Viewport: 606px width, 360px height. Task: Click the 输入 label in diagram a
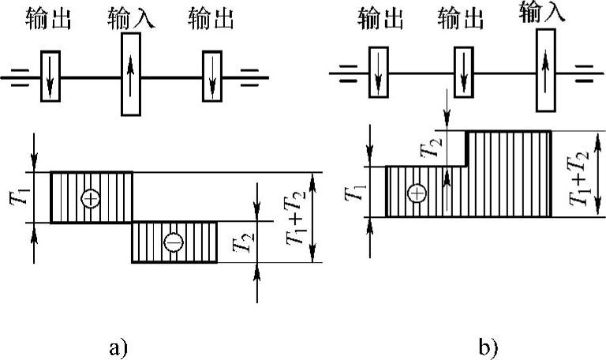[x=131, y=18]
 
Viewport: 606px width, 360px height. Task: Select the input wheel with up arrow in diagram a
[x=131, y=77]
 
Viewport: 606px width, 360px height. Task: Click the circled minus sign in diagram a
[x=172, y=242]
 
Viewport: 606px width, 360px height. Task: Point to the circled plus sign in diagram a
[x=91, y=197]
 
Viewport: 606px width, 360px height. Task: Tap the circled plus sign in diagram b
[x=416, y=193]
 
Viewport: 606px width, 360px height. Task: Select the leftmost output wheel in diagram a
[x=50, y=77]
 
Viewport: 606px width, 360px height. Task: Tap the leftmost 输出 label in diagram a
[x=50, y=18]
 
